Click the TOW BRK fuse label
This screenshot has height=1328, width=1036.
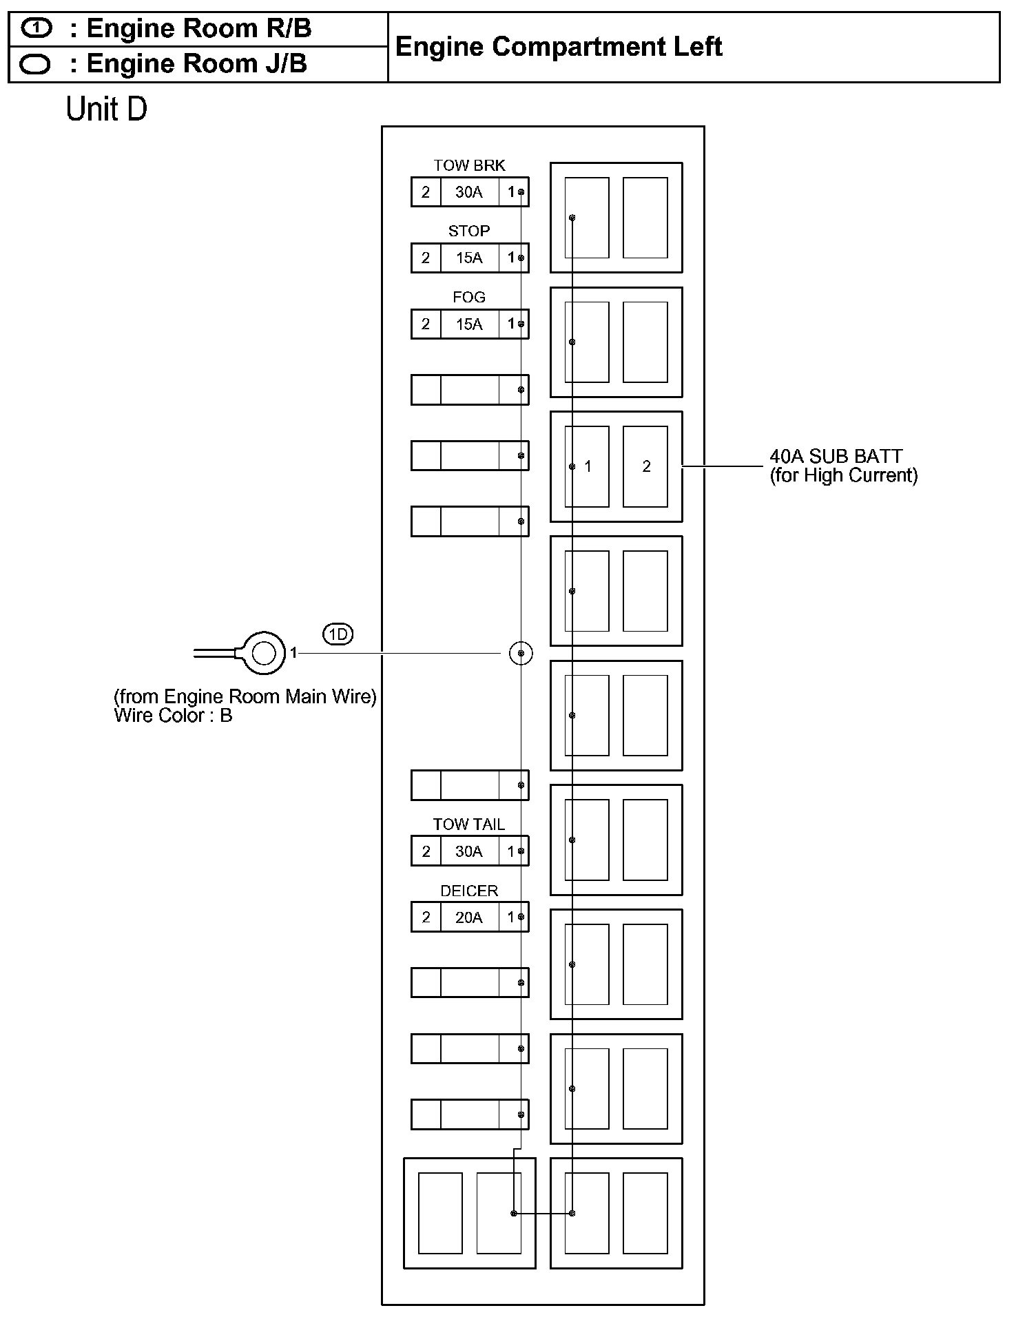click(469, 165)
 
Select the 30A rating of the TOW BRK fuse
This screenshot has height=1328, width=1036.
click(469, 192)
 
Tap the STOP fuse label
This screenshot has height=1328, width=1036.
click(469, 231)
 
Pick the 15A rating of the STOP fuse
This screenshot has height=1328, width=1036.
click(469, 258)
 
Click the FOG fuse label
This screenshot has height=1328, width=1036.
click(469, 297)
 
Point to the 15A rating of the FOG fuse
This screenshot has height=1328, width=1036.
click(469, 324)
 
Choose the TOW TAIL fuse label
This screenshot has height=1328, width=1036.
click(469, 824)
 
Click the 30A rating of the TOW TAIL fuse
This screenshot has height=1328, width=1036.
click(469, 851)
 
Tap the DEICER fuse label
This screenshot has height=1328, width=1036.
click(469, 891)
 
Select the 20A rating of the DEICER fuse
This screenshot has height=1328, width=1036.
click(469, 917)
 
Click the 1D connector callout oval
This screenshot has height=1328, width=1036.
click(338, 634)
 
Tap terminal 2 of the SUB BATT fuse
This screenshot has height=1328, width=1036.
click(646, 466)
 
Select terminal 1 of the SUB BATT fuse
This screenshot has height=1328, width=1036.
click(588, 466)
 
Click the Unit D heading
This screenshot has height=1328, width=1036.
click(107, 109)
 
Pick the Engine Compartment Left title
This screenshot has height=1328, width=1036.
click(559, 47)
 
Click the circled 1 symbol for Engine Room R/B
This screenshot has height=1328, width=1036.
click(36, 28)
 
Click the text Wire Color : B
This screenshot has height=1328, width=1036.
click(173, 716)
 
